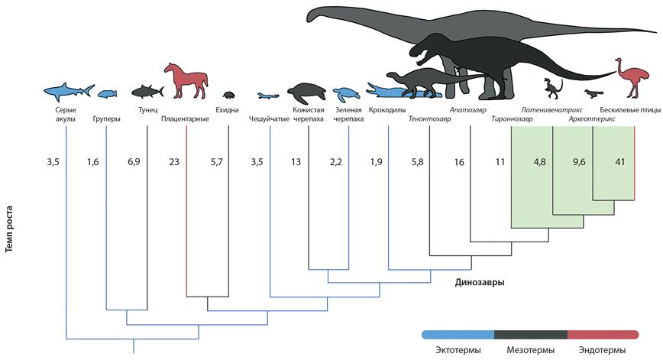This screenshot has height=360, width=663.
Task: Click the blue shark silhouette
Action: coord(67,91)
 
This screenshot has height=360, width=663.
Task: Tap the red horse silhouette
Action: coord(188,79)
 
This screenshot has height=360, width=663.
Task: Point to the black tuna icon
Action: coord(147,92)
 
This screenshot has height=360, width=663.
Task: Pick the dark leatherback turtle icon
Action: coord(306,92)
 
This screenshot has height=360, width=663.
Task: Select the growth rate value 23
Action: coord(173,162)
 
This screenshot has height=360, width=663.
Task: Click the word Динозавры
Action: coord(479,281)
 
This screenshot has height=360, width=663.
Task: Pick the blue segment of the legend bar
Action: coord(458,334)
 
